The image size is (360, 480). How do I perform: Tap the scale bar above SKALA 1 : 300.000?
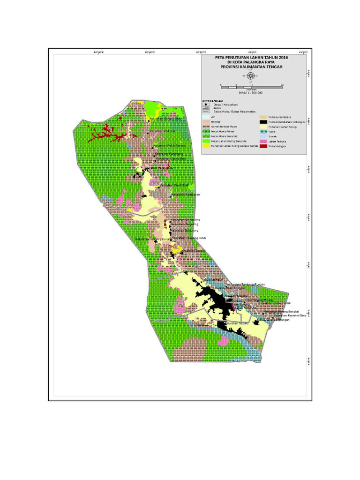coord(251,88)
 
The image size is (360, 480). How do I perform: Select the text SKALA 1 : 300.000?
coord(251,93)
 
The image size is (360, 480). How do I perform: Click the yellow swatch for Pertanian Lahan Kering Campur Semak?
coord(206,146)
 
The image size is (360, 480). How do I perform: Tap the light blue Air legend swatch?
coord(206,116)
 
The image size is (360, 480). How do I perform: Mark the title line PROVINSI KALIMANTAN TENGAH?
coord(251,67)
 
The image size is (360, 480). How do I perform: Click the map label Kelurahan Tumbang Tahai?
coord(189,238)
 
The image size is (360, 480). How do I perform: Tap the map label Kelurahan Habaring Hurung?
coord(153,239)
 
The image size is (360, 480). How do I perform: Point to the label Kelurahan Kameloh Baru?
coord(280,316)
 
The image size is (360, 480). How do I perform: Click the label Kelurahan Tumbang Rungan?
coord(246,284)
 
